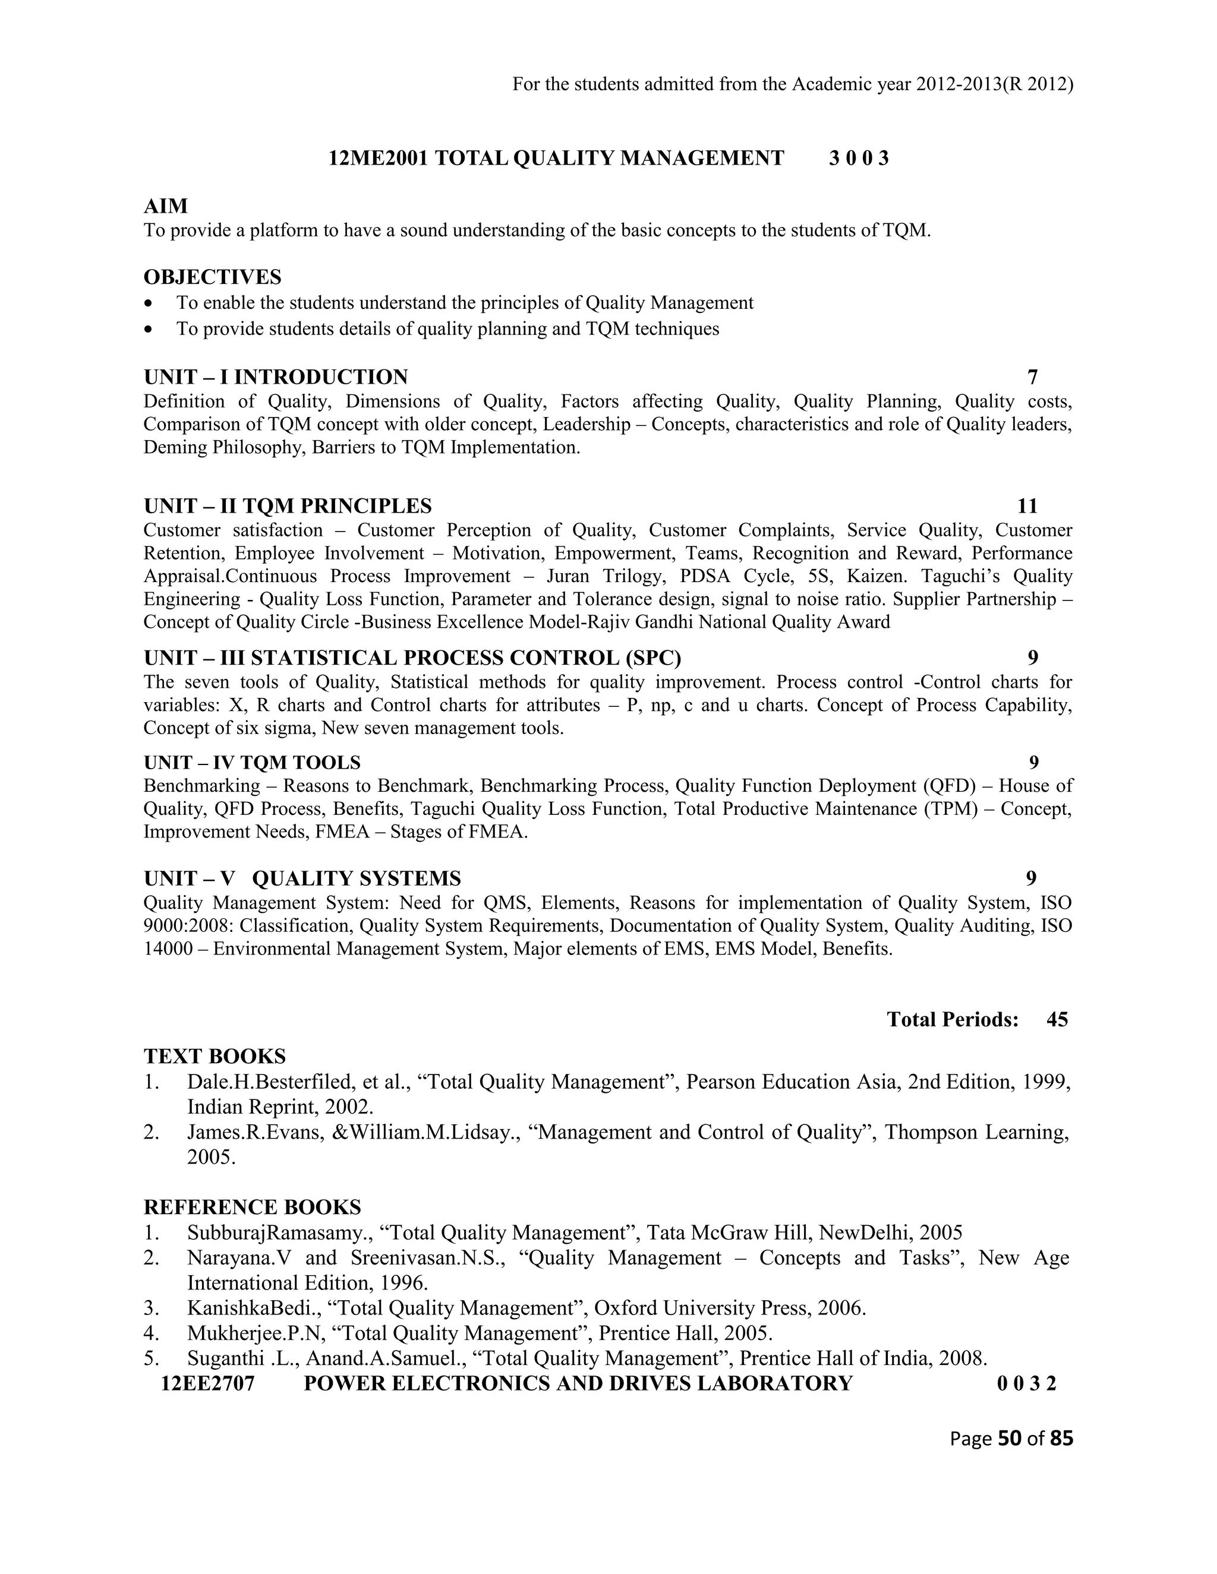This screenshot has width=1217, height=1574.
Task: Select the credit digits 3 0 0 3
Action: coord(859,159)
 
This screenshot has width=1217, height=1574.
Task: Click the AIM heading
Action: coord(166,206)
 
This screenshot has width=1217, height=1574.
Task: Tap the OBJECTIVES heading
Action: coord(213,277)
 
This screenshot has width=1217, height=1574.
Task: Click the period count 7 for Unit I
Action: coord(1032,377)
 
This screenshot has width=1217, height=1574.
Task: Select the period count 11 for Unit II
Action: coord(1027,506)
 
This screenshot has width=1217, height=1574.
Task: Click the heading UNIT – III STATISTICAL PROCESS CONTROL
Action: coord(412,658)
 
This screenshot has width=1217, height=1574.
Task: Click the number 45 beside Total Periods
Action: coord(1057,1020)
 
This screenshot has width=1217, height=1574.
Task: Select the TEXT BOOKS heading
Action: coord(215,1057)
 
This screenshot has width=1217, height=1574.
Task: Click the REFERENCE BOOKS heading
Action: coord(253,1207)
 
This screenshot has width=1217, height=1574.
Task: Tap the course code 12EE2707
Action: coord(209,1384)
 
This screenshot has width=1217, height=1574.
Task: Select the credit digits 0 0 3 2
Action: coord(1027,1384)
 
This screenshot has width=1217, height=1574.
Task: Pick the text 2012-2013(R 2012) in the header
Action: coord(994,85)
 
